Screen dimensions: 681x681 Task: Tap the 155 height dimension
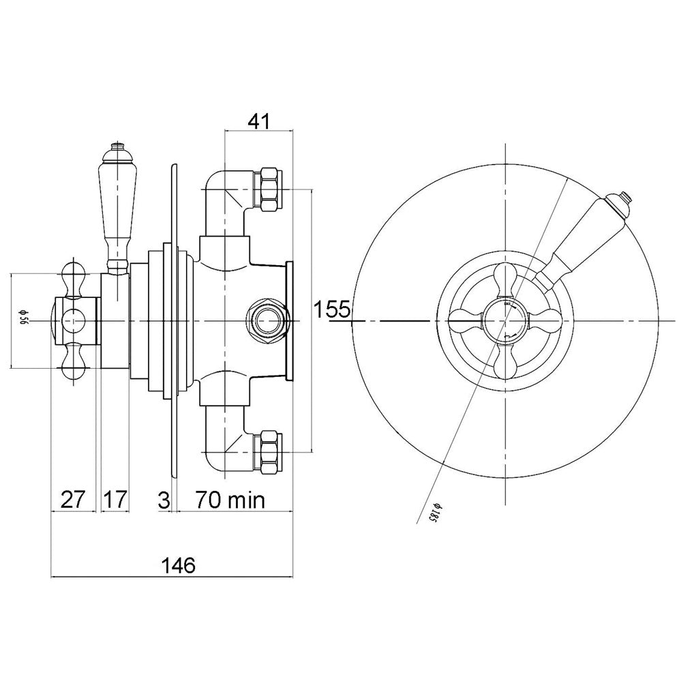tap(331, 309)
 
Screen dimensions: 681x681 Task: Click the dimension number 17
tap(115, 500)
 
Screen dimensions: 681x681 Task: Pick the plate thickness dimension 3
tap(164, 500)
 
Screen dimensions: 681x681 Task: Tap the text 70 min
tap(230, 500)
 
